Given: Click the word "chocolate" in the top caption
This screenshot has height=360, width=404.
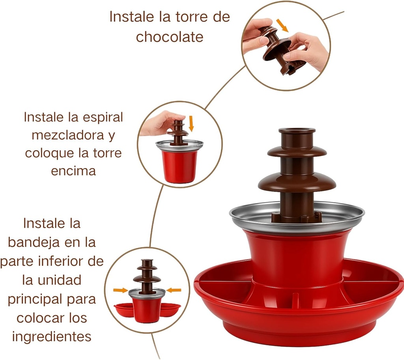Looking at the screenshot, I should coord(170,37).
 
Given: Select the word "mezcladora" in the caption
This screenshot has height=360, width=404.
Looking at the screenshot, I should coord(68,135).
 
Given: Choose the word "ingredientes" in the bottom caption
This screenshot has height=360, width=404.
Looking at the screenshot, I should coord(52,336).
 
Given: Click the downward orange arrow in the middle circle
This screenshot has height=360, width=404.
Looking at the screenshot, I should coord(191,123).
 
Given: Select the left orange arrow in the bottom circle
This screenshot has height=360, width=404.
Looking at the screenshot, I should coord(120,290).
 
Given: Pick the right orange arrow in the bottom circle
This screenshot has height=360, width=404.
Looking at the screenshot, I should coord(174,290).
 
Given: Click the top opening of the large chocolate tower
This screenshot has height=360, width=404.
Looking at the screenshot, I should coord(297,131).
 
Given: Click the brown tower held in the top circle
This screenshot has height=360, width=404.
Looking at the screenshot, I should coord(280,49).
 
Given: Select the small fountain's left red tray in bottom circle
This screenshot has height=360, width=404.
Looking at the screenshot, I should coord(122,309).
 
